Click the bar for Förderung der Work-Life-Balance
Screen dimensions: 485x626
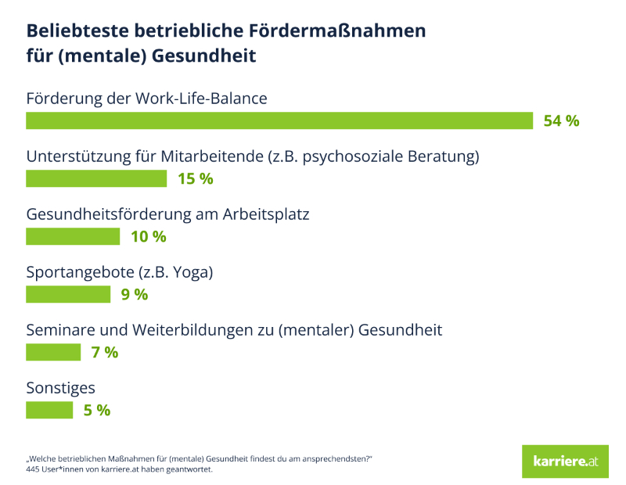tap(279, 120)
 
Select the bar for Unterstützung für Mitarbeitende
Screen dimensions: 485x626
tap(96, 178)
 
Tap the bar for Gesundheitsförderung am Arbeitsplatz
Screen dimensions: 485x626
tap(73, 236)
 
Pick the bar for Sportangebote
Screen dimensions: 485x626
tap(68, 294)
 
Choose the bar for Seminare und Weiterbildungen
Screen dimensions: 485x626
tap(53, 352)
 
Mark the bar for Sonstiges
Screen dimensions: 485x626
tap(49, 410)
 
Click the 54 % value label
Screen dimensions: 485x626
tap(561, 120)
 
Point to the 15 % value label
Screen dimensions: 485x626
tap(195, 178)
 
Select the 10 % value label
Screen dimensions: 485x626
tap(148, 236)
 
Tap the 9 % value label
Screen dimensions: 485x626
tap(134, 294)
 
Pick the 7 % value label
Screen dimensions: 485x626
tap(105, 352)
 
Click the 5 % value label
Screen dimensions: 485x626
tap(97, 410)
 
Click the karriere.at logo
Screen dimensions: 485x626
tap(565, 462)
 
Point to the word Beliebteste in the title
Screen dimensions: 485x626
tap(75, 31)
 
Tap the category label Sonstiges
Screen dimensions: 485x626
tap(61, 388)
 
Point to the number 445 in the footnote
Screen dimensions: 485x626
tap(34, 469)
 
